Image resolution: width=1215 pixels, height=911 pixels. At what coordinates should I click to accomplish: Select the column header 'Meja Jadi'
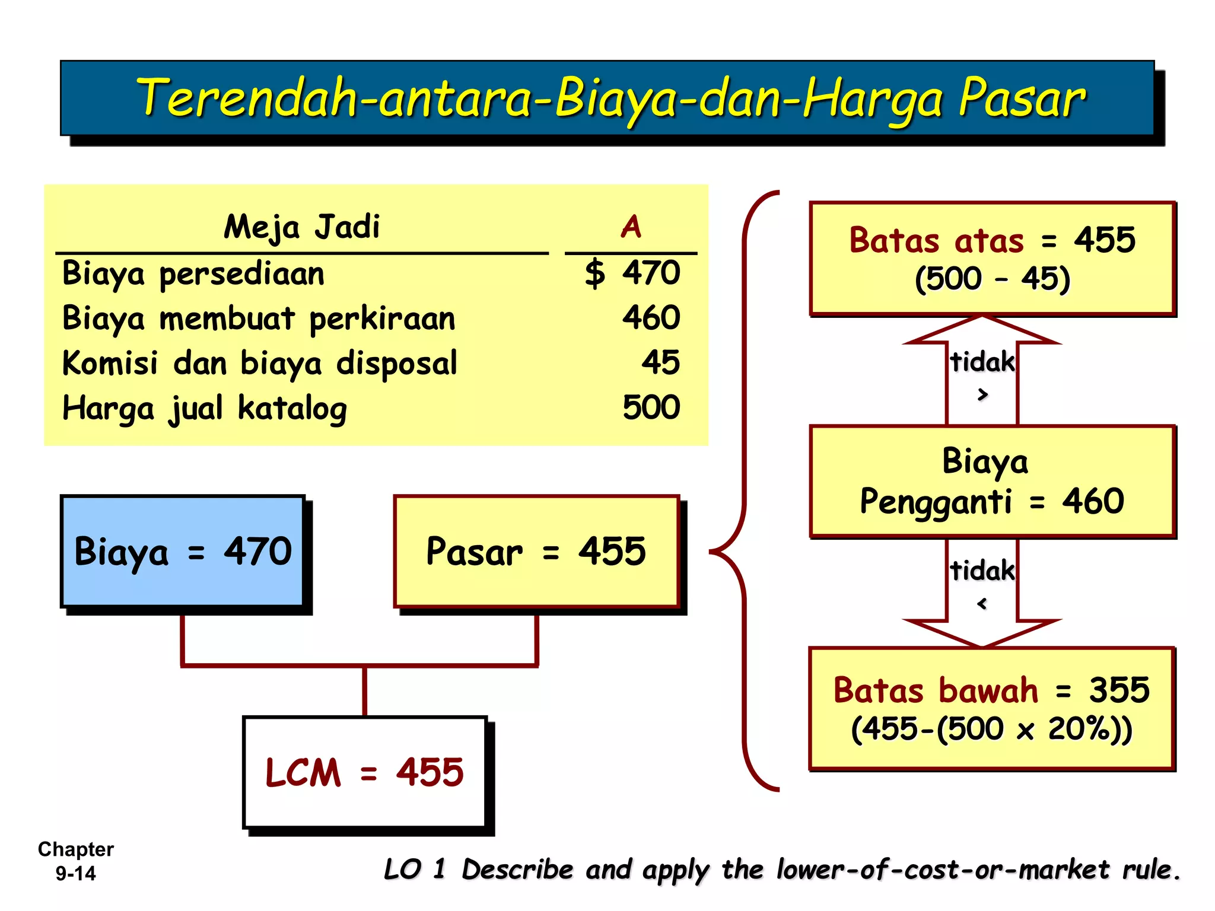(x=301, y=227)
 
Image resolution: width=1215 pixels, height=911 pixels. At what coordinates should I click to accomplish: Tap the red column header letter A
(x=631, y=227)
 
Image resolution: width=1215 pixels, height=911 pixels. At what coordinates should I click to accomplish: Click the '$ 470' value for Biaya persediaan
(x=632, y=273)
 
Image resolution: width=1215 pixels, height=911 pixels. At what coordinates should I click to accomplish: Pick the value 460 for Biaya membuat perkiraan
(x=651, y=318)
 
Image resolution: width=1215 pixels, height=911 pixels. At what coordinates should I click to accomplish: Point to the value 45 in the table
(x=660, y=362)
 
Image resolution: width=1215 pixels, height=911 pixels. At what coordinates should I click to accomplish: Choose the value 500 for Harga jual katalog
(x=651, y=407)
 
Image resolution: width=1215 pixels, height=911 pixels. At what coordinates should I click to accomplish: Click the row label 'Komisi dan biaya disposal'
(x=259, y=363)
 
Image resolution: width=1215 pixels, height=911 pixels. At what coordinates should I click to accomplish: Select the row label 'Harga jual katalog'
(x=205, y=409)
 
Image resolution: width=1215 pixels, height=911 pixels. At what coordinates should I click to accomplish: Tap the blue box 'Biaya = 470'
(x=183, y=552)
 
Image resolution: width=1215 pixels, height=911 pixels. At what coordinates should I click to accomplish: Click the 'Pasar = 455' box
(x=536, y=552)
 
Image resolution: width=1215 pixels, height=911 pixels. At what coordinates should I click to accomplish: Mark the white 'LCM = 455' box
(x=364, y=772)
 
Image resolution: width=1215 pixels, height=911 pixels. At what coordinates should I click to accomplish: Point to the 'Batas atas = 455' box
(x=992, y=259)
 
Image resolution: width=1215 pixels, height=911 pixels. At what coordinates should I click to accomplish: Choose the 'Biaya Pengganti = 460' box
(x=992, y=482)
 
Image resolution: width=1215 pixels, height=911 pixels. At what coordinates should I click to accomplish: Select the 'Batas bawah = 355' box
(x=992, y=709)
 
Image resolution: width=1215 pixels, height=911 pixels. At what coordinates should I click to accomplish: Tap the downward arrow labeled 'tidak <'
(x=982, y=593)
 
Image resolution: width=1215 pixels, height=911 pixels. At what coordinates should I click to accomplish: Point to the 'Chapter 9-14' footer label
(x=76, y=861)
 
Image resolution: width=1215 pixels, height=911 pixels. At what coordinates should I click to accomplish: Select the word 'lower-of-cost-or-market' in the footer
(x=943, y=870)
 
